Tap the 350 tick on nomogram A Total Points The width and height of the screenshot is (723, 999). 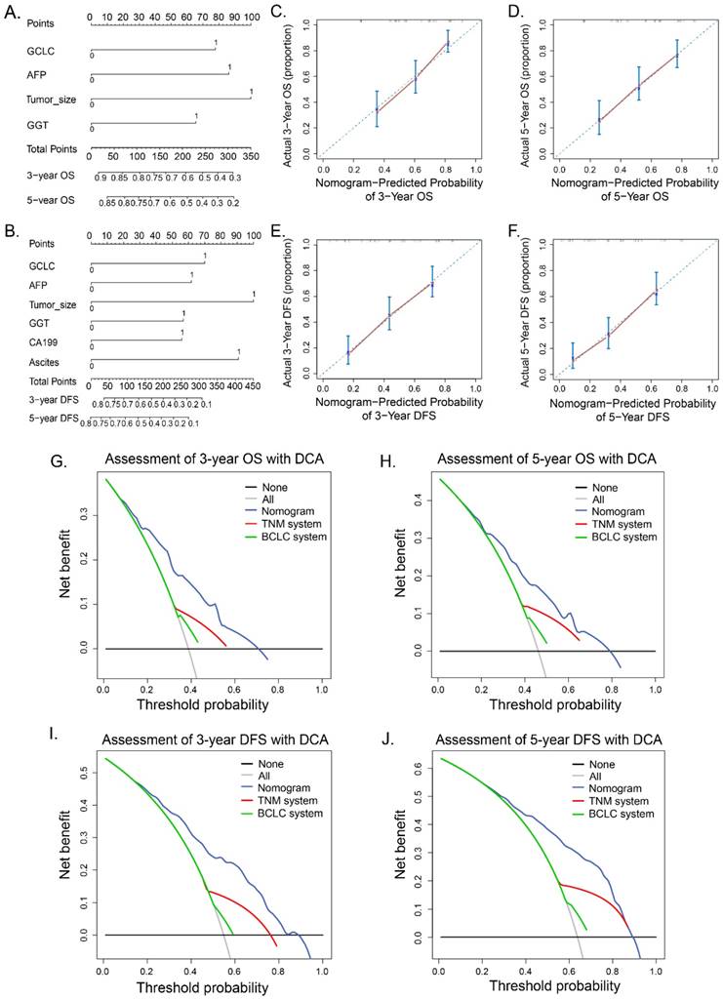click(x=252, y=155)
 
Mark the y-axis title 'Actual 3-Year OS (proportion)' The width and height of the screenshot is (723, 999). click(x=295, y=86)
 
